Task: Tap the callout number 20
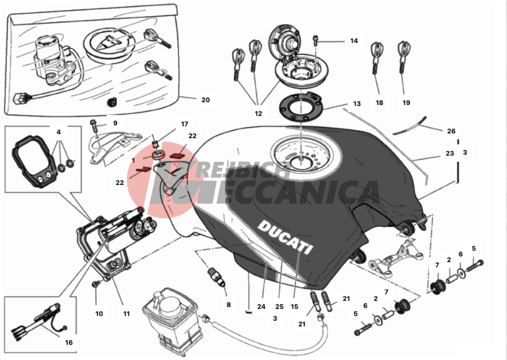click(206, 100)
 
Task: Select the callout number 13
click(357, 104)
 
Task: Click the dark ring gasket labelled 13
click(301, 107)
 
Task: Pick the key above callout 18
click(376, 58)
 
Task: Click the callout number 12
click(258, 114)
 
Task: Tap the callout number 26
click(451, 131)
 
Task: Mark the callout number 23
click(450, 153)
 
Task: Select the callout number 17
click(185, 124)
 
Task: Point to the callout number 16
click(69, 342)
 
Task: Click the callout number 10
click(99, 313)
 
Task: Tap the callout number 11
click(126, 313)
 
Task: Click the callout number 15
click(294, 306)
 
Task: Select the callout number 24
click(262, 306)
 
